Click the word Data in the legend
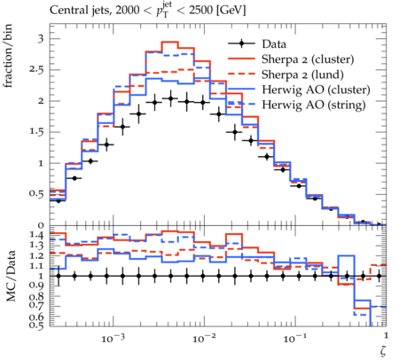[x=274, y=44]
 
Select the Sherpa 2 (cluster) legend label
[x=308, y=59]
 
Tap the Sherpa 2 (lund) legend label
[x=302, y=74]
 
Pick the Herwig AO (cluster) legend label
[x=316, y=90]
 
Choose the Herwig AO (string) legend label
[x=314, y=105]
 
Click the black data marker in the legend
[x=241, y=44]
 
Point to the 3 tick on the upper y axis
[x=41, y=39]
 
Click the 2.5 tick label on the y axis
[x=36, y=70]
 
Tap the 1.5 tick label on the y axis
[x=36, y=132]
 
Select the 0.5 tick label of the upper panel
[x=36, y=194]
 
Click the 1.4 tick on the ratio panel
[x=36, y=235]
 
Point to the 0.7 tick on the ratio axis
[x=36, y=307]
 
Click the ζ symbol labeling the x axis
[x=383, y=351]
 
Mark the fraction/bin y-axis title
[x=9, y=56]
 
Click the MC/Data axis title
[x=11, y=276]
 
